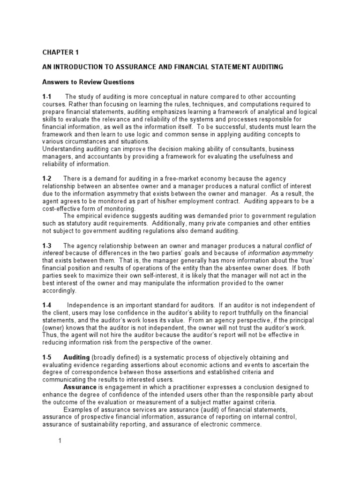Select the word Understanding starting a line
pyautogui.click(x=64, y=150)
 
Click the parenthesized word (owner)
pyautogui.click(x=55, y=329)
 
